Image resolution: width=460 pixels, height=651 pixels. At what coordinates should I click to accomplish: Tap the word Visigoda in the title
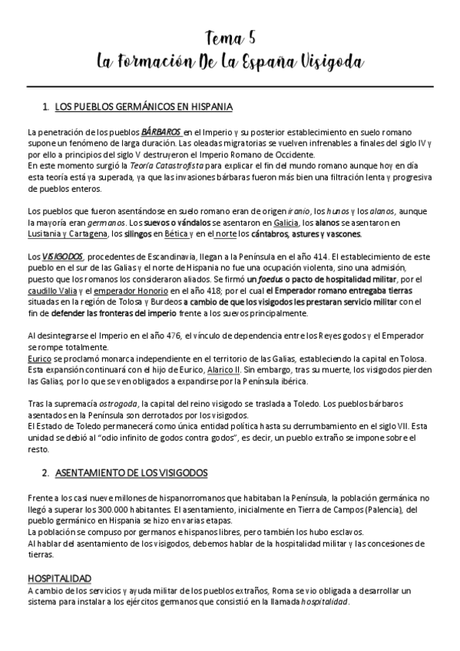[326, 61]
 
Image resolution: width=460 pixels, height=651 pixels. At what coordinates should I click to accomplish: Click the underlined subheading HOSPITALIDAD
[60, 577]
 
